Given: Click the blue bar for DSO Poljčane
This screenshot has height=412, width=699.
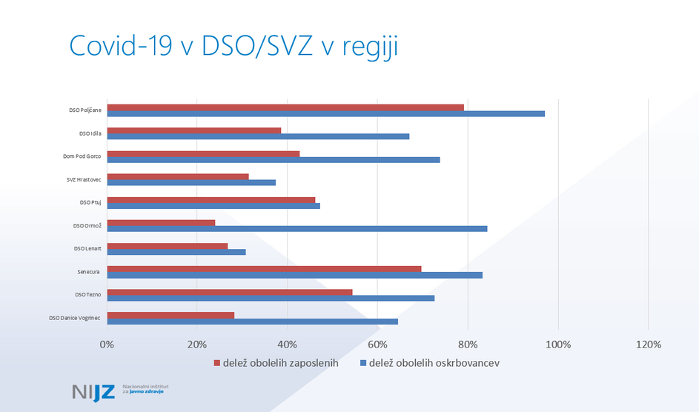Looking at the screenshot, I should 326,113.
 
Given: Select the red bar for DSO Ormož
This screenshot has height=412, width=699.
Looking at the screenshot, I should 161,222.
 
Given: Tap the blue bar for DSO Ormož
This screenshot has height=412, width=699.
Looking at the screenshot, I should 297,228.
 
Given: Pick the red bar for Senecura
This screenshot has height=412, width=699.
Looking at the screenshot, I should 264,268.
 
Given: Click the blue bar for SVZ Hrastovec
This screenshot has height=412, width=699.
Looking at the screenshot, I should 191,182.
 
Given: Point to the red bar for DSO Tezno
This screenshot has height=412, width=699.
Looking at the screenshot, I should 230,292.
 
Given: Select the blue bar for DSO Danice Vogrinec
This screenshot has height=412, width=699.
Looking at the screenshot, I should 252,321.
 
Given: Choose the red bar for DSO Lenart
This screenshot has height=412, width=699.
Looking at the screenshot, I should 168,245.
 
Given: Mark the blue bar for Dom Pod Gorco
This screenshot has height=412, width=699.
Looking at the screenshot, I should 274,159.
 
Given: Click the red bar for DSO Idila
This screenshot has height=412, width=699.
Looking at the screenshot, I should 194,130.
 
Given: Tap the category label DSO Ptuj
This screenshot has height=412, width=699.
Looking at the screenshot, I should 90,202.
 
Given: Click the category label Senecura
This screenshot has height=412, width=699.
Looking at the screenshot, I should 87,272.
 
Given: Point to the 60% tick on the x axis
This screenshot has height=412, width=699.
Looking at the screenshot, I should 377,345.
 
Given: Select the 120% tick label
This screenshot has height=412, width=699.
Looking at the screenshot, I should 648,345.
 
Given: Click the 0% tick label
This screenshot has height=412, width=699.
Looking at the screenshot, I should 107,345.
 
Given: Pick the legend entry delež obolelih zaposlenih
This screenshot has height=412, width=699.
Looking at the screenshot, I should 276,363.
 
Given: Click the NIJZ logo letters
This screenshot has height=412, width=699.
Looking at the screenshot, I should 93,392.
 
